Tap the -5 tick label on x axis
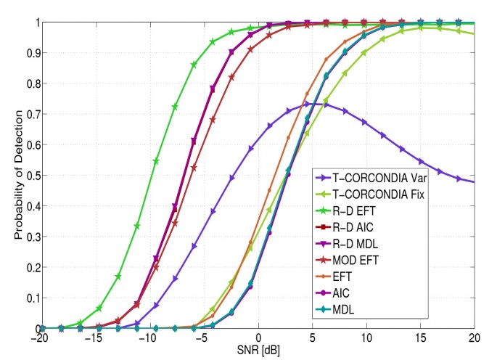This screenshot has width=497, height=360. coord(204,339)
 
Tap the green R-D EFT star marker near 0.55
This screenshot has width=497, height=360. coord(156,160)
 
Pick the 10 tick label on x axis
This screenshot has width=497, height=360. coord(367,339)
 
